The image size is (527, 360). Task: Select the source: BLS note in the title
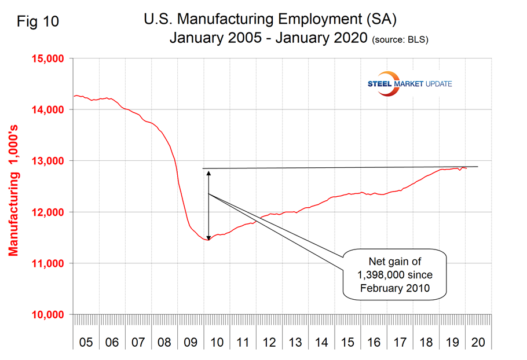point(400,40)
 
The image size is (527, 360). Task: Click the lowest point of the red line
point(208,240)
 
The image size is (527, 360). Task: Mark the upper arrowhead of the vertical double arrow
point(208,172)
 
